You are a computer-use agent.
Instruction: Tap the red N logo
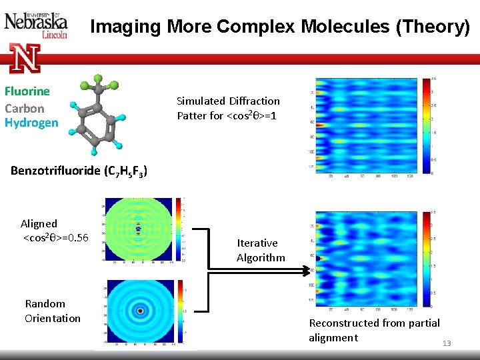pyautogui.click(x=25, y=58)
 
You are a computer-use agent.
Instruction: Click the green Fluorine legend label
pyautogui.click(x=27, y=91)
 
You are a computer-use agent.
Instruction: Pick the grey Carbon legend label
pyautogui.click(x=25, y=108)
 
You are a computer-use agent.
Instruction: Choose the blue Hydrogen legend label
pyautogui.click(x=31, y=123)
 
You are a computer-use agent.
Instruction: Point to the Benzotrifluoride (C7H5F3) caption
pyautogui.click(x=79, y=171)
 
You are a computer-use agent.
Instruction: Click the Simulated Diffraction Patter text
pyautogui.click(x=228, y=108)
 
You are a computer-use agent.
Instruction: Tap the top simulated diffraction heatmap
pyautogui.click(x=363, y=126)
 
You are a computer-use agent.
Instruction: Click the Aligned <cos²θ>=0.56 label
pyautogui.click(x=55, y=231)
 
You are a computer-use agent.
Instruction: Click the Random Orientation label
pyautogui.click(x=53, y=311)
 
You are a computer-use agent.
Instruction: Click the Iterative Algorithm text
pyautogui.click(x=261, y=250)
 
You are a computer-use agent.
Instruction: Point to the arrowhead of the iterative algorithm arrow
pyautogui.click(x=309, y=270)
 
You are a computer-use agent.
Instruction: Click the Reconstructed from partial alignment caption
pyautogui.click(x=374, y=330)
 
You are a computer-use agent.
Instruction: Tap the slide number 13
pyautogui.click(x=447, y=343)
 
